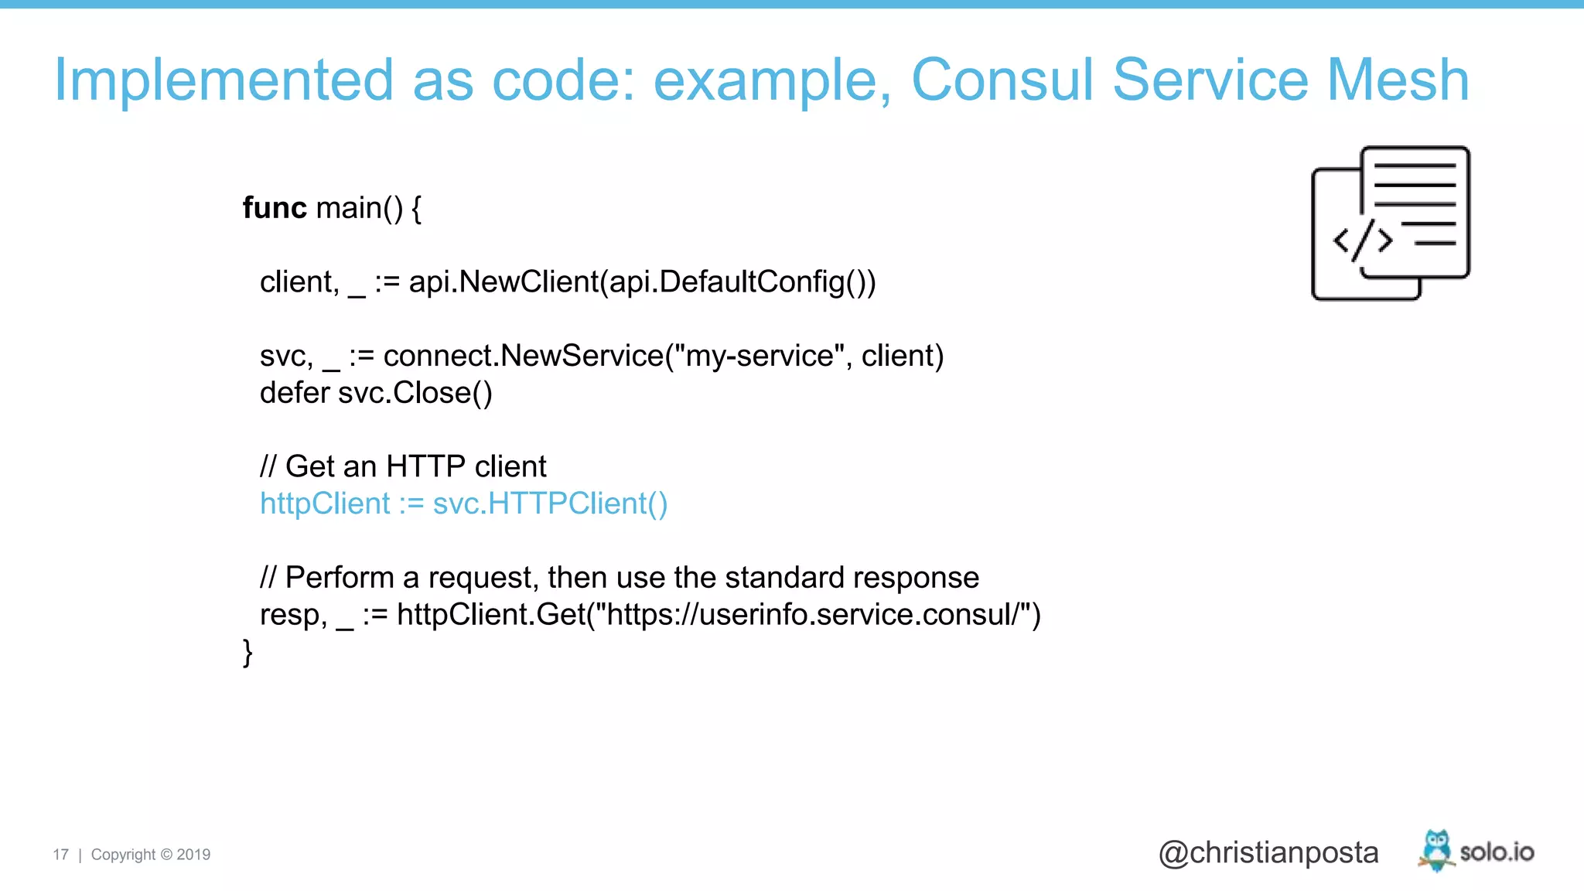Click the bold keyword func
pyautogui.click(x=275, y=207)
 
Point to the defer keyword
pyautogui.click(x=295, y=393)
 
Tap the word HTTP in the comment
pyautogui.click(x=425, y=466)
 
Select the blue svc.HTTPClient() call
pyautogui.click(x=550, y=504)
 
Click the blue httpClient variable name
pyautogui.click(x=325, y=504)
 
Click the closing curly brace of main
pyautogui.click(x=247, y=652)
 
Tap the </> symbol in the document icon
pyautogui.click(x=1362, y=241)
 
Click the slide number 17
pyautogui.click(x=60, y=855)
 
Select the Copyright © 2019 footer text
pyautogui.click(x=151, y=855)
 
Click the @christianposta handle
pyautogui.click(x=1268, y=852)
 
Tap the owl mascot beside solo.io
pyautogui.click(x=1436, y=850)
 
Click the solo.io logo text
pyautogui.click(x=1497, y=852)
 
